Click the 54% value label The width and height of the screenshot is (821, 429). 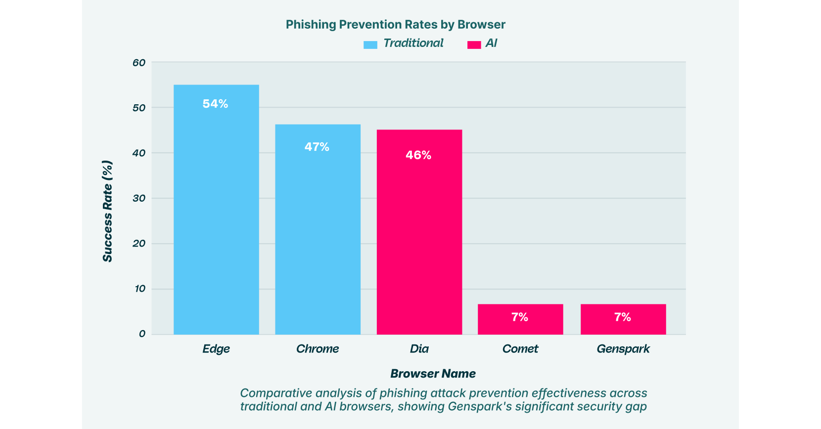point(216,104)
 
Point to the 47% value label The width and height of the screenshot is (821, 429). point(317,147)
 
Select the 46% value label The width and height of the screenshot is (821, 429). point(418,155)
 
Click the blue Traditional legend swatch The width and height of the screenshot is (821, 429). point(370,44)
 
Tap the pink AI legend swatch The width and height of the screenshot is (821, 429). point(474,44)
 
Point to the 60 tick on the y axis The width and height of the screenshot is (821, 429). point(139,63)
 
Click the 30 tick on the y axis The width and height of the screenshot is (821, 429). point(139,198)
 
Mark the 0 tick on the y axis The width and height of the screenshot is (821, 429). point(142,334)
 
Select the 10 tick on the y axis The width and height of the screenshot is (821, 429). point(139,289)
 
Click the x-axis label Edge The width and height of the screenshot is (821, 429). point(216,349)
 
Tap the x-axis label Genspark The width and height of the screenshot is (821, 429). point(623,349)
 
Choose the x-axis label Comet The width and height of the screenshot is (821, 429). point(520,349)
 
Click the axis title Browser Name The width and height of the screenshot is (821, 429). point(433,374)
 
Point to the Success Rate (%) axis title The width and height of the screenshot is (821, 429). point(107,211)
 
